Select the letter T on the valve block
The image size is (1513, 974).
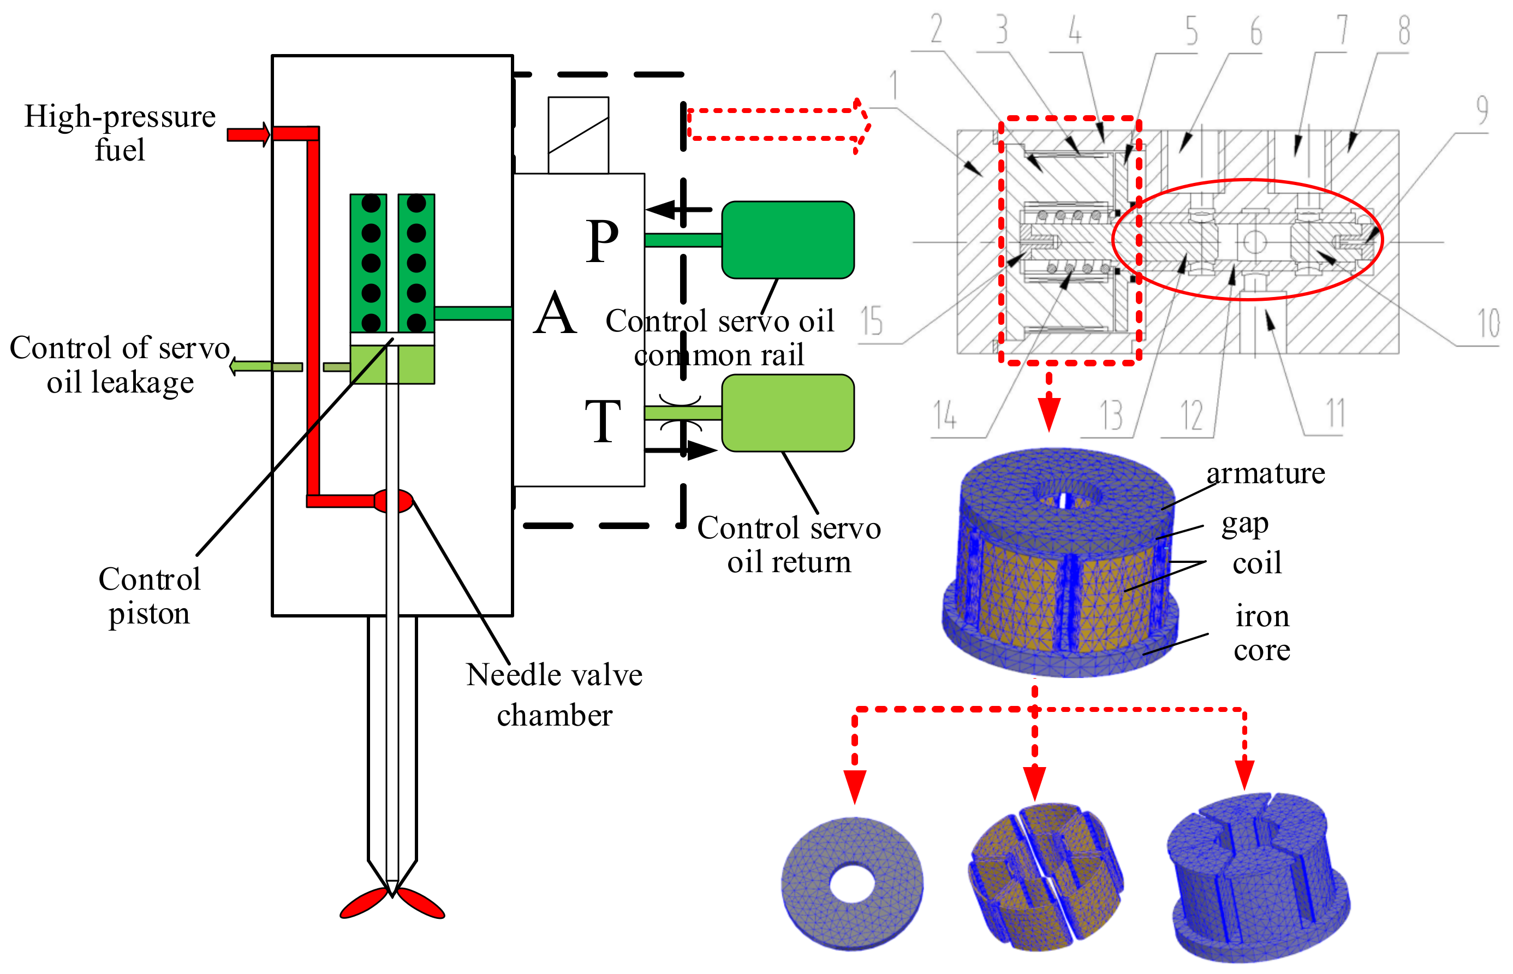pyautogui.click(x=602, y=421)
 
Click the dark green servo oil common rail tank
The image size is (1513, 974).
pyautogui.click(x=787, y=240)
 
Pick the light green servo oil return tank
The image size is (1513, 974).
pyautogui.click(x=787, y=413)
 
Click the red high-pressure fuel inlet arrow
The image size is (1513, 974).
pyautogui.click(x=248, y=134)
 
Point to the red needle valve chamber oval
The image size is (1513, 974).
pyautogui.click(x=394, y=501)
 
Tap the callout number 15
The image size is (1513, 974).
pyautogui.click(x=871, y=320)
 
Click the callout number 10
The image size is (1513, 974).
pyautogui.click(x=1488, y=324)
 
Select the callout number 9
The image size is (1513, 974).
pyautogui.click(x=1482, y=110)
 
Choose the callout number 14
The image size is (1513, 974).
pyautogui.click(x=945, y=415)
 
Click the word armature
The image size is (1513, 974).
pyautogui.click(x=1265, y=474)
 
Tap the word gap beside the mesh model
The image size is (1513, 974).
pyautogui.click(x=1244, y=524)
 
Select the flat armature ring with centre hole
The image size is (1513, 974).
pyautogui.click(x=851, y=883)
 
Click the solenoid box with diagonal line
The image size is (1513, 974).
pyautogui.click(x=578, y=135)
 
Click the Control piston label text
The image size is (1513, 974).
pyautogui.click(x=149, y=596)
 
